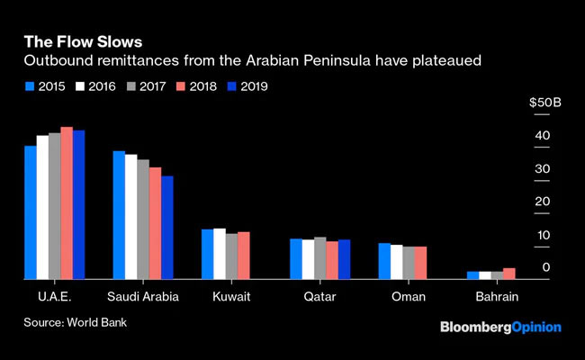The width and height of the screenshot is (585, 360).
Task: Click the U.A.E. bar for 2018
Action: coord(67,202)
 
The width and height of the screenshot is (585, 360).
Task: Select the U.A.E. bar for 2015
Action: coord(30,212)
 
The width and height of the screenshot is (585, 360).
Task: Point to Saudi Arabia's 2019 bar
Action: coord(166,228)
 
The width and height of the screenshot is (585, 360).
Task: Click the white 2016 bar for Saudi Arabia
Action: coord(130,217)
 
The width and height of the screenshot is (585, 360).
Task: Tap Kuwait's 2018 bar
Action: coord(243,256)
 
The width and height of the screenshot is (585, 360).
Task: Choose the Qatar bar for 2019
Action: coord(344,259)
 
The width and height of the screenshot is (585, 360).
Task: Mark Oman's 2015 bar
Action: coord(383,261)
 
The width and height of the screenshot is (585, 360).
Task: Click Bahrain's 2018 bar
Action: coord(509,274)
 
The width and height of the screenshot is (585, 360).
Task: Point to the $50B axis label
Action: coord(544,104)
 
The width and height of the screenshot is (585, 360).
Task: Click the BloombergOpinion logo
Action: coord(499,327)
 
